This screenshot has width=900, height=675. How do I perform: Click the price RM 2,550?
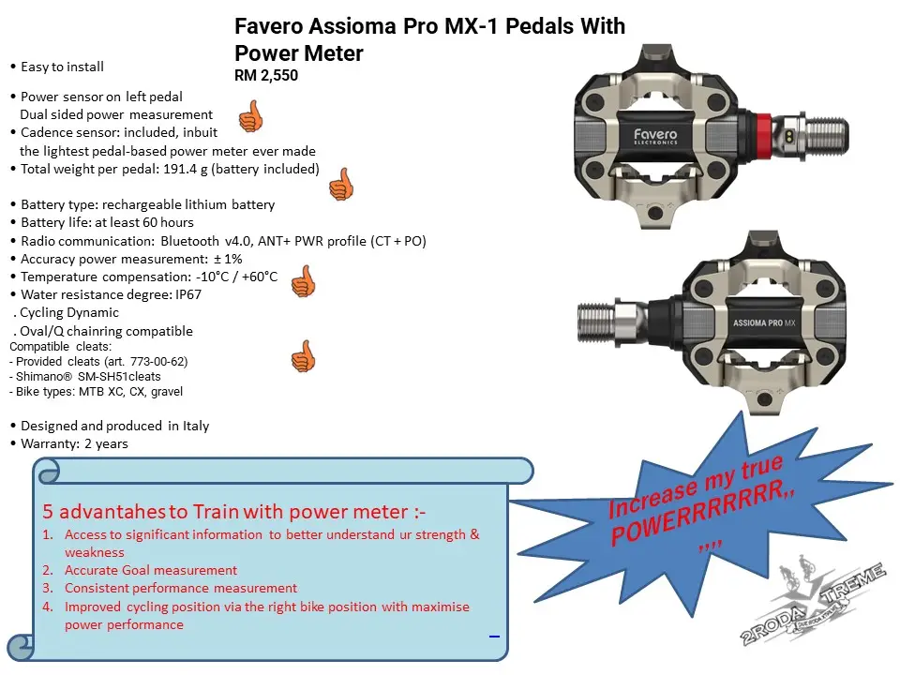[266, 75]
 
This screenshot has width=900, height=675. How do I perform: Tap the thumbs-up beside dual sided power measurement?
[251, 116]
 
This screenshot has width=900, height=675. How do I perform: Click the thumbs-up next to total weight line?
[341, 185]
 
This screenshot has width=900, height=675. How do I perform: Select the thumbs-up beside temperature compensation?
[304, 280]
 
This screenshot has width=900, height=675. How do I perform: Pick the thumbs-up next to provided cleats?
[304, 356]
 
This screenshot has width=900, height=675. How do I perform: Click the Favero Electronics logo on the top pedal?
[655, 136]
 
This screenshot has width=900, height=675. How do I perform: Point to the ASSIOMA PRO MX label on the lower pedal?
[764, 323]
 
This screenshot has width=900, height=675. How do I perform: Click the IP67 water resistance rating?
[188, 294]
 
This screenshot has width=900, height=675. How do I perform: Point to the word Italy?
[196, 426]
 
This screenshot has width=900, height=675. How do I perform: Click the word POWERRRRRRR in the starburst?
[704, 514]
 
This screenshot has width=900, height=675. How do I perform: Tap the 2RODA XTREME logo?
[812, 602]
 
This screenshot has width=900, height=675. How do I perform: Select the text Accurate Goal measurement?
[150, 570]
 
